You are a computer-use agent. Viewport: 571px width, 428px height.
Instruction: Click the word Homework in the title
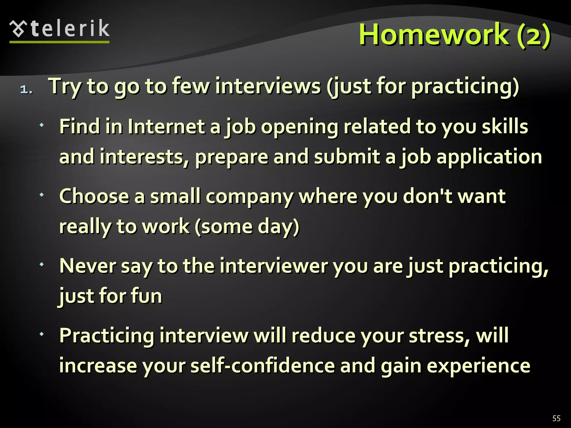click(x=434, y=35)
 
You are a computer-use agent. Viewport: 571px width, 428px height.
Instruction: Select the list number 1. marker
click(x=26, y=89)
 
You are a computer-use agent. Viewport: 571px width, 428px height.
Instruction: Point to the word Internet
click(x=166, y=127)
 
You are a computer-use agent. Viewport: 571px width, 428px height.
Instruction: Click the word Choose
click(x=94, y=196)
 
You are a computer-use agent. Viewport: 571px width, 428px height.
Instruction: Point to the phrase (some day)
click(x=247, y=226)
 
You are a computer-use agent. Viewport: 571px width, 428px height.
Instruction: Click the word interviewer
click(x=274, y=266)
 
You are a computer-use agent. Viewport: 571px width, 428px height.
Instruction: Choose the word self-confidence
click(x=263, y=366)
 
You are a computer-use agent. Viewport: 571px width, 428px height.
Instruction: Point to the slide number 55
click(x=556, y=418)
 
